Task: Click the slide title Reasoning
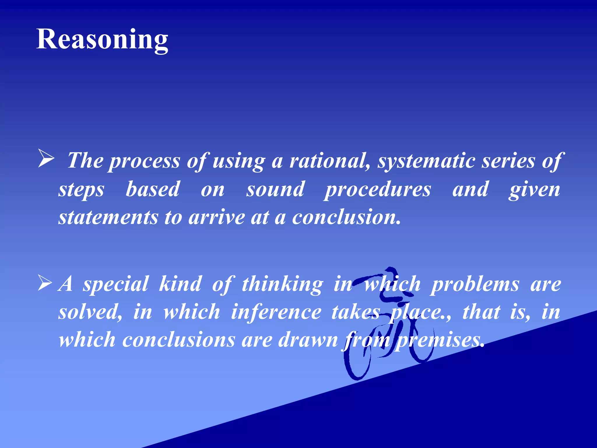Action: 102,39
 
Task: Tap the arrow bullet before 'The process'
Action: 46,159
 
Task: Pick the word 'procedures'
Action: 378,190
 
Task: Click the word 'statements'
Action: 108,218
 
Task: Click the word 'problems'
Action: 475,284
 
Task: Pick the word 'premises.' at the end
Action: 440,340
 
